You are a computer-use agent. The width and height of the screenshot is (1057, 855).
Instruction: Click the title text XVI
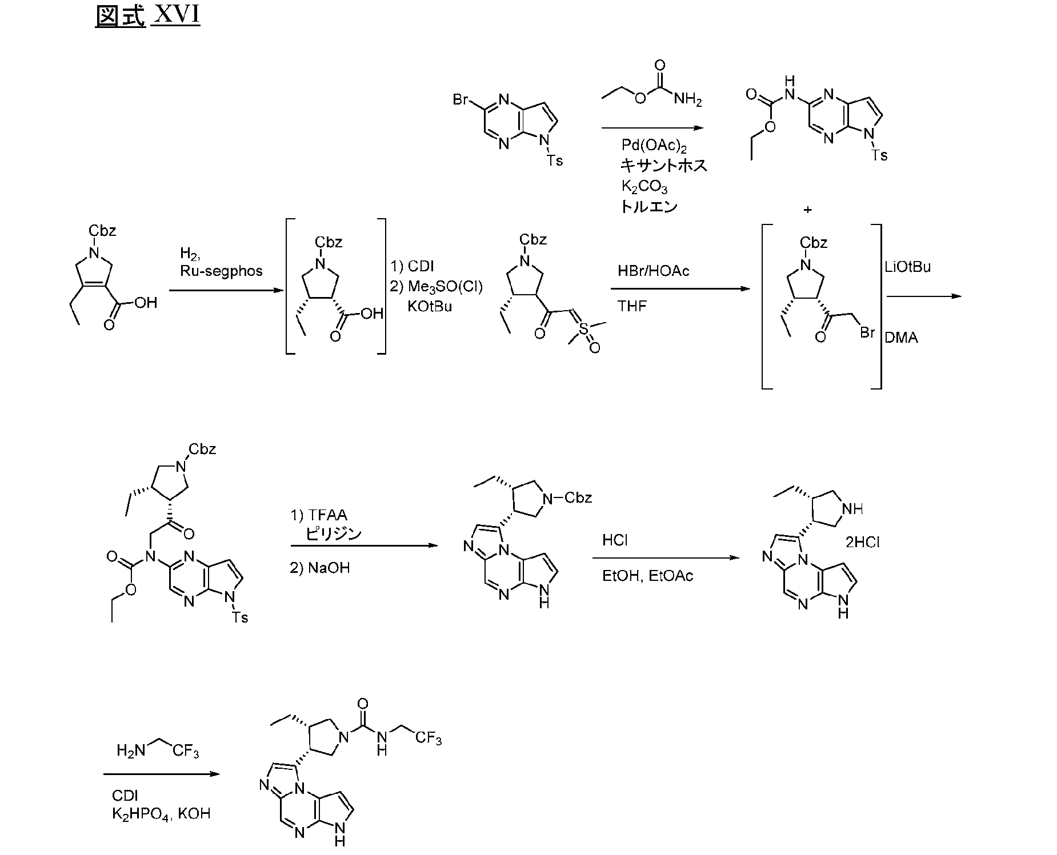coord(177,15)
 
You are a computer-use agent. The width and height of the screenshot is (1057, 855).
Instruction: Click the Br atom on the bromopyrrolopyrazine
coord(461,99)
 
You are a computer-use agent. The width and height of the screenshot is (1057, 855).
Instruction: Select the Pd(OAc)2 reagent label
coord(654,146)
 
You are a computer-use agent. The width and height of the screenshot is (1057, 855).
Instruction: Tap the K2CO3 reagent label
coord(644,187)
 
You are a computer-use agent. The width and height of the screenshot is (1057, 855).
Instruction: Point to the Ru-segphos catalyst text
coord(221,271)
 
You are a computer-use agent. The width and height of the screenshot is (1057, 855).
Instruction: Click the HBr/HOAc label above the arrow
coord(653,271)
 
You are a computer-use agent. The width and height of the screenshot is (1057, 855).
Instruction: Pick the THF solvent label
coord(632,306)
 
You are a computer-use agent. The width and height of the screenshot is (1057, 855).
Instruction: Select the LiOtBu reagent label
coord(908,267)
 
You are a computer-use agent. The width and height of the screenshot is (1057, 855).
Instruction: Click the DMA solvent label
coord(901,338)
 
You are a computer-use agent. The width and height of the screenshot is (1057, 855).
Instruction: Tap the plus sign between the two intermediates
coord(807,210)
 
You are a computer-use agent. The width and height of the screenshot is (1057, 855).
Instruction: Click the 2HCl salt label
coord(862,542)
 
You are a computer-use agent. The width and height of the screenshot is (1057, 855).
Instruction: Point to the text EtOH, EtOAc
coord(647,576)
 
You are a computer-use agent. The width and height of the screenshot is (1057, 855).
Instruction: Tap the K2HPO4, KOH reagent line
coord(161,813)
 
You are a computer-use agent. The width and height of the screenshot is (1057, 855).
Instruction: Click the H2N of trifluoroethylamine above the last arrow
coord(130,750)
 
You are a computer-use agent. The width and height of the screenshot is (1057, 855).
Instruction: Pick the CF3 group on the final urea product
coord(429,738)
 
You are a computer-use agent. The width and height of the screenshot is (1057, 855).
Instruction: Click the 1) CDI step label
coord(412,266)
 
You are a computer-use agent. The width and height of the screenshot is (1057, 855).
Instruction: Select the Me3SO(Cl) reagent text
coord(445,287)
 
